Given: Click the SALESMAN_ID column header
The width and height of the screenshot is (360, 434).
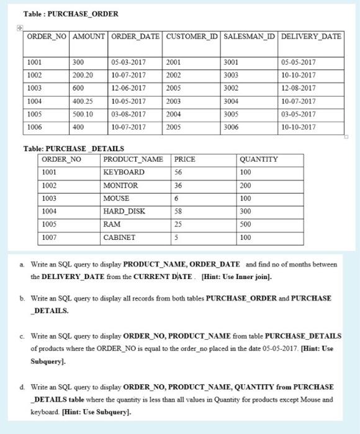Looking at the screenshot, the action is click(x=250, y=36).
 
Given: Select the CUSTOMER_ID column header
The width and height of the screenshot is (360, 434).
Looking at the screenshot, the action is click(x=192, y=36).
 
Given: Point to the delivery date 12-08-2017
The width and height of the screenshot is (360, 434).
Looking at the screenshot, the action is click(x=299, y=87).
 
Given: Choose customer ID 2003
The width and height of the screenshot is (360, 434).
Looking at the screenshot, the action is click(x=176, y=100).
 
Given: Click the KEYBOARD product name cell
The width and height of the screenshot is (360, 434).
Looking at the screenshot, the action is click(x=124, y=172).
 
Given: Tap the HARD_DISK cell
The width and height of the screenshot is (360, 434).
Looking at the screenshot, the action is click(x=125, y=211).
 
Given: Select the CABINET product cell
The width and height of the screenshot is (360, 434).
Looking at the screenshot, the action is click(x=119, y=237).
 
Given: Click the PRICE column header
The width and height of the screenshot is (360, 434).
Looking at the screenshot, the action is click(x=185, y=159).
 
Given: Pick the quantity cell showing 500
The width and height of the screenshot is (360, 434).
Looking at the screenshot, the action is click(x=246, y=224).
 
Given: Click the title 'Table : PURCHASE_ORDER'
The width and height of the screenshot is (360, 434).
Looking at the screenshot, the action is click(x=62, y=14).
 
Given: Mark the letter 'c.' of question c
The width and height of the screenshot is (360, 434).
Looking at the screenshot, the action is click(x=24, y=335).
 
